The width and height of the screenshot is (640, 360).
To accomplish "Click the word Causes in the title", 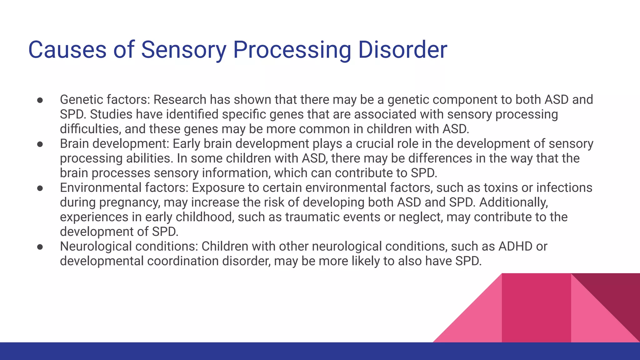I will (67, 50).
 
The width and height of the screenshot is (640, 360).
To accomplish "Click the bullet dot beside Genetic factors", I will (40, 100).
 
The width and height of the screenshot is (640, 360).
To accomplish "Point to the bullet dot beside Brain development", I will (40, 144).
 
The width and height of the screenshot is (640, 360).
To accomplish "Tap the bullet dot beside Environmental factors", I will (40, 188).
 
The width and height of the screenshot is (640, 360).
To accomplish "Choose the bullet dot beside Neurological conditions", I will (40, 247).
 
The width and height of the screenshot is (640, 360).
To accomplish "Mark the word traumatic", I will (312, 217).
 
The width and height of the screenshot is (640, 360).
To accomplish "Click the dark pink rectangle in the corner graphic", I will (536, 308).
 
